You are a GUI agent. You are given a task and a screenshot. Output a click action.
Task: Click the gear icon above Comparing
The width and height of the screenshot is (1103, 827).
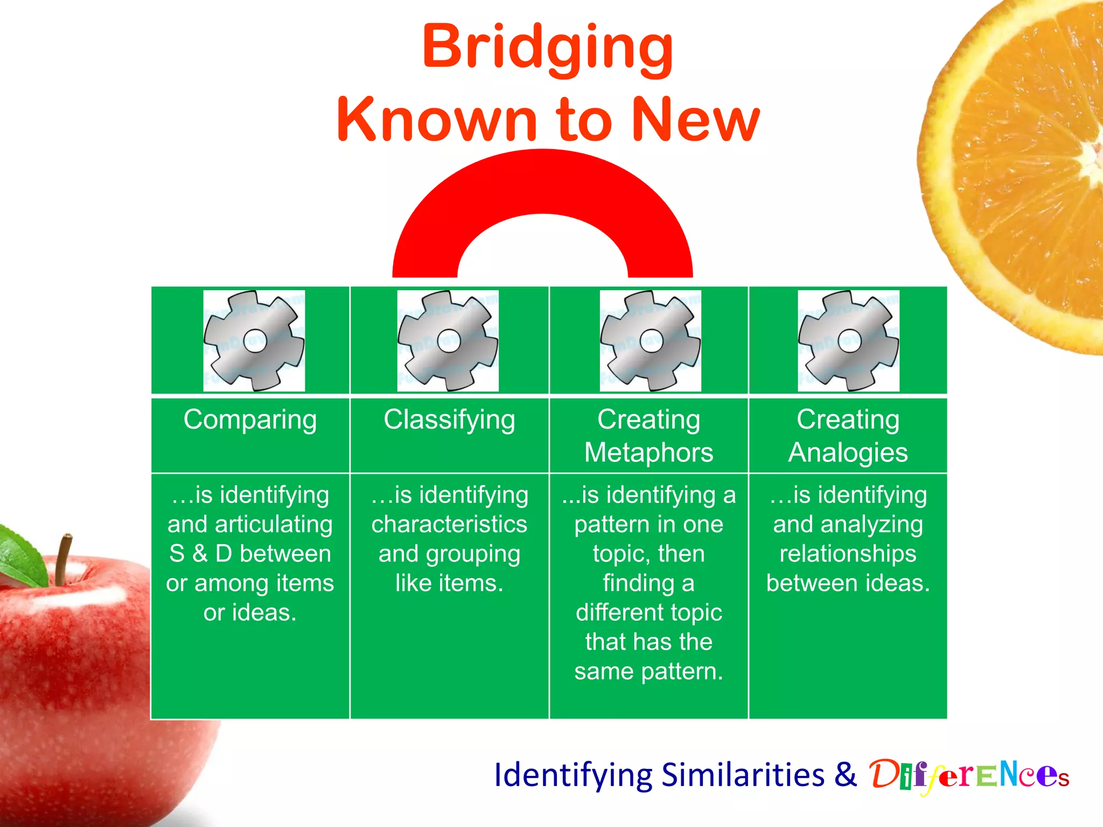pos(254,340)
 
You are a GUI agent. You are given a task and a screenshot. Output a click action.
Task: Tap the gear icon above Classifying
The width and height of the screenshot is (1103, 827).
pos(448,340)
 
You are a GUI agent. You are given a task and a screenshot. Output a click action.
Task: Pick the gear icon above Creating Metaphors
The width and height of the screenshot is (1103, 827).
pos(651,340)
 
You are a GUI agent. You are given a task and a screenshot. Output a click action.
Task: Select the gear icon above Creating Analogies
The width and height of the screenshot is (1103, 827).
pos(849,340)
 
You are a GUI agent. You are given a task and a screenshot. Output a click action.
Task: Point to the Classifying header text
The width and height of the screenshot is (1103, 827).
pos(449,420)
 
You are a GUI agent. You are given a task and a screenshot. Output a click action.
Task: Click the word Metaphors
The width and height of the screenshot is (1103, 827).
pos(648,452)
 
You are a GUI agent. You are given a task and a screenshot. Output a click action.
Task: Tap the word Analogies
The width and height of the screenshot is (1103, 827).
pos(848,452)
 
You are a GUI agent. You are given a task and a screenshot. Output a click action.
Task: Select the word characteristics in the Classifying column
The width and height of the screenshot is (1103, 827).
pos(449,524)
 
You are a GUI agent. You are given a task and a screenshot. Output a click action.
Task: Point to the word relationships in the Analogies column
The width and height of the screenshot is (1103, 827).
pos(848,554)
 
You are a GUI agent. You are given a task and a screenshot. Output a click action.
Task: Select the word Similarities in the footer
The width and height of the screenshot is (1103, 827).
pos(743,775)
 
